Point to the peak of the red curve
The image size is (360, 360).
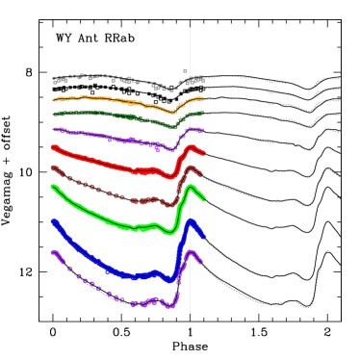tap(191, 147)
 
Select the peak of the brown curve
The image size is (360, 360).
tap(191, 168)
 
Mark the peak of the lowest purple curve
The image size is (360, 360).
tap(191, 254)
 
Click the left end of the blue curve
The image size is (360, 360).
tap(53, 220)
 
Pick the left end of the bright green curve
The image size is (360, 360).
tap(53, 187)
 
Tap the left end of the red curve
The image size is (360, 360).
tap(53, 147)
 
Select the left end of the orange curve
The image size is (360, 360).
tap(55, 98)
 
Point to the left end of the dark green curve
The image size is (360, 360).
tap(54, 114)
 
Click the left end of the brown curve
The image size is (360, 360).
tap(53, 167)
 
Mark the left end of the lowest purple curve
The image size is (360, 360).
tap(53, 252)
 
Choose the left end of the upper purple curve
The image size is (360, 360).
tap(54, 129)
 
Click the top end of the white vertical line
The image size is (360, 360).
tap(190, 28)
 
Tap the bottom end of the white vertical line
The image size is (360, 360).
tap(190, 313)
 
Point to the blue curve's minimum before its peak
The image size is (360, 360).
tap(171, 280)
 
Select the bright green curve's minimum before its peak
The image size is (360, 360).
tap(169, 232)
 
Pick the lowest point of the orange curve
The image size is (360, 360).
tap(172, 112)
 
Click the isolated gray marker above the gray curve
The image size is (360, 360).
tap(186, 70)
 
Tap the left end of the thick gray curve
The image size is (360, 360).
tap(54, 78)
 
